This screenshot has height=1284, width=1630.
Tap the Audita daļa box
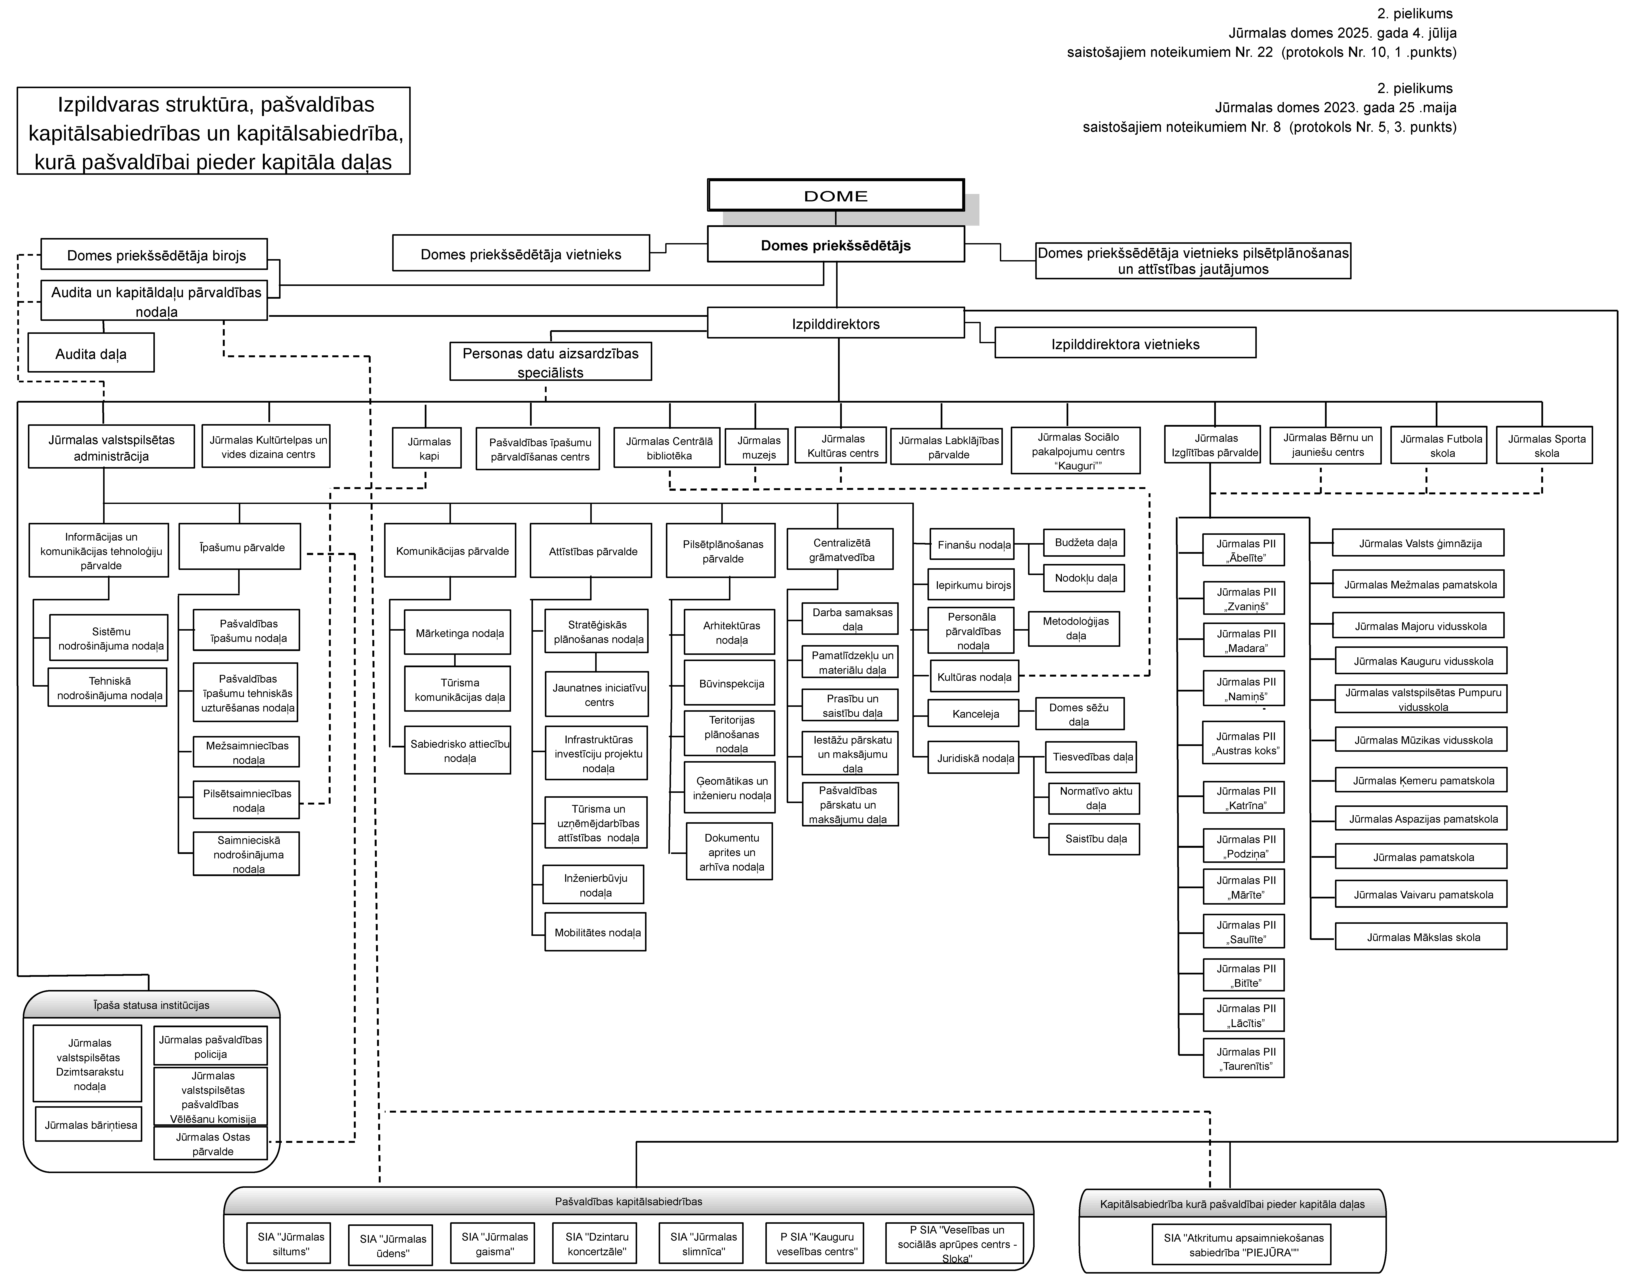91,353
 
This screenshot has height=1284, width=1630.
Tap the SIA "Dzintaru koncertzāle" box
596,1243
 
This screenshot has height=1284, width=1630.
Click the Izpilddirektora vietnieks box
1125,344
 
